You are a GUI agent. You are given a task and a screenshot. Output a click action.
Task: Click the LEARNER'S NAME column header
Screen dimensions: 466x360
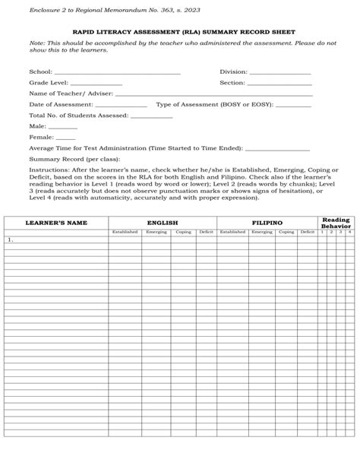(56, 223)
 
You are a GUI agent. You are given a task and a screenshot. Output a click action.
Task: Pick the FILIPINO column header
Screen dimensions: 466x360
(267, 223)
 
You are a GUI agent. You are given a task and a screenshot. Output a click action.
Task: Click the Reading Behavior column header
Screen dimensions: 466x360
(336, 222)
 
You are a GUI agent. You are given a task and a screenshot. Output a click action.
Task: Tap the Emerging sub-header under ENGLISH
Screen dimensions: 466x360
(156, 231)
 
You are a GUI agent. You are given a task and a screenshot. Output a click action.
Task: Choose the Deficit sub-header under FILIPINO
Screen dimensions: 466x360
(307, 231)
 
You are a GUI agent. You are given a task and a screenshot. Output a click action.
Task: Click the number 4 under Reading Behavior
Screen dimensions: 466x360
(349, 231)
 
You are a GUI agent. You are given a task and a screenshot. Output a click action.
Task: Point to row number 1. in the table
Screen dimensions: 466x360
(11, 239)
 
